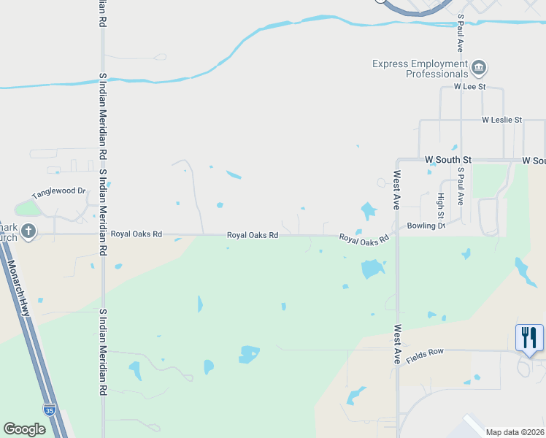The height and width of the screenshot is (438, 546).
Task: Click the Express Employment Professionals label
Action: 420,69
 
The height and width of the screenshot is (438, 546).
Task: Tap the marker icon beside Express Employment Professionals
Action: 480,69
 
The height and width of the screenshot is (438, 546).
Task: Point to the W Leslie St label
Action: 502,120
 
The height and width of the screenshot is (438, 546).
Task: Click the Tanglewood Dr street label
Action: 59,193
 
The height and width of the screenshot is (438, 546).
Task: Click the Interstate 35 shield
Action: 49,410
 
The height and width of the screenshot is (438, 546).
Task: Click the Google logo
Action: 24,429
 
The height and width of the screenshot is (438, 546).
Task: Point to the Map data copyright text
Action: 514,432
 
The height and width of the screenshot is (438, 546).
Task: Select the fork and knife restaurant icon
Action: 529,337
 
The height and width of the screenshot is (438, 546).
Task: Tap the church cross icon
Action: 28,232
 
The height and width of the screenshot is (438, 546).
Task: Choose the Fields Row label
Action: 425,352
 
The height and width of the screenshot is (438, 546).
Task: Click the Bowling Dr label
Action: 426,226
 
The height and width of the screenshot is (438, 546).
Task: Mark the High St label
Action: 441,205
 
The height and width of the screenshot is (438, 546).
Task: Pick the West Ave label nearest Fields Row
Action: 397,345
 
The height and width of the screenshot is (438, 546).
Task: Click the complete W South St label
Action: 448,159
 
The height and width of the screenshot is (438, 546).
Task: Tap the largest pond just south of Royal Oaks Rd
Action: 372,269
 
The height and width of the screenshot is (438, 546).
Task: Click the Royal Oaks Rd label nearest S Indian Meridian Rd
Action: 136,234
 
